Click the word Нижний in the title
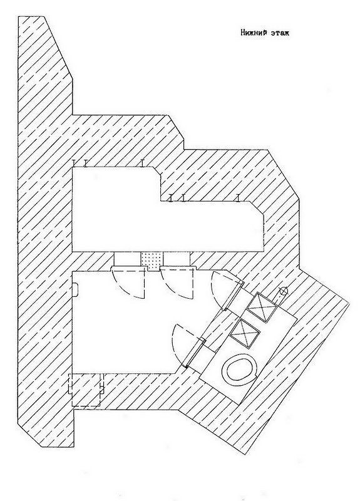(253, 33)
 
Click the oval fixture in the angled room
(240, 370)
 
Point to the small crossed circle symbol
(283, 291)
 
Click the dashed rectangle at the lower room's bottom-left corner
(86, 390)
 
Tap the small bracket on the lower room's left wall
(75, 289)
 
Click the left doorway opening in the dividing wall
(128, 258)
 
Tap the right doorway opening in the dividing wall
(177, 258)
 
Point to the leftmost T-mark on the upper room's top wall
(74, 163)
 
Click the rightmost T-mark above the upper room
(238, 198)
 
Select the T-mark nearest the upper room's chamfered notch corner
(142, 163)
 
